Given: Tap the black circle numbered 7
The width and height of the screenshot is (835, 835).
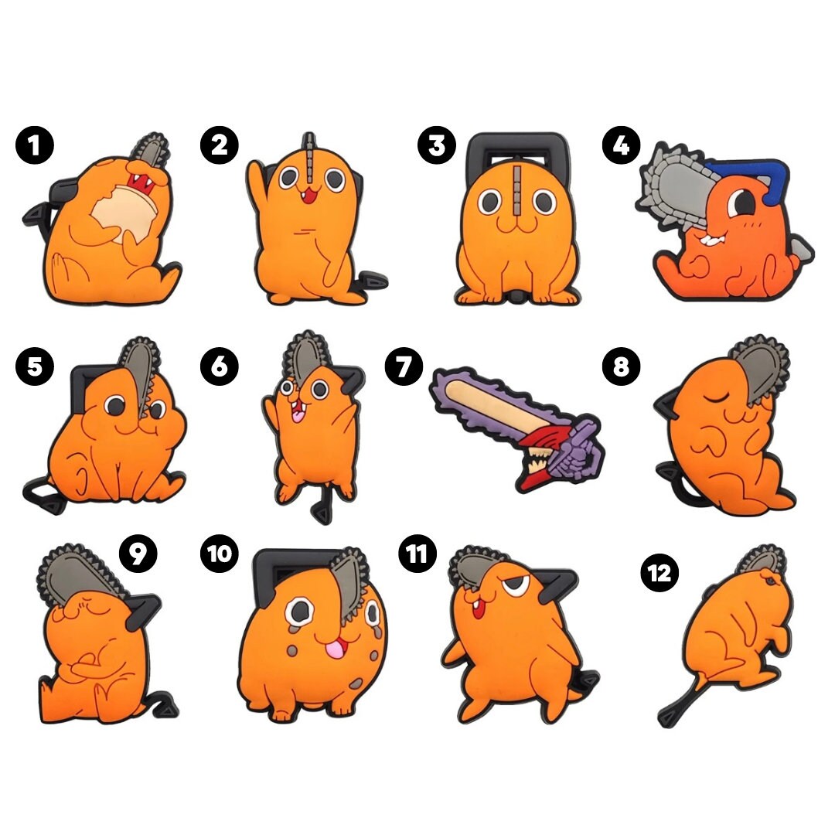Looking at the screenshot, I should point(404,366).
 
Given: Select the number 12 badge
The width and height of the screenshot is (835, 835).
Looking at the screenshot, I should point(659,573).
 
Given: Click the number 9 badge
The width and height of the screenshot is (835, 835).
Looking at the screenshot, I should point(138,554).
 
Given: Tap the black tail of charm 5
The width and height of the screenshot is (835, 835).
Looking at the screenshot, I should point(43,495).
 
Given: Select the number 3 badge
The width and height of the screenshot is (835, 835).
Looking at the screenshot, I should point(437,145).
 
